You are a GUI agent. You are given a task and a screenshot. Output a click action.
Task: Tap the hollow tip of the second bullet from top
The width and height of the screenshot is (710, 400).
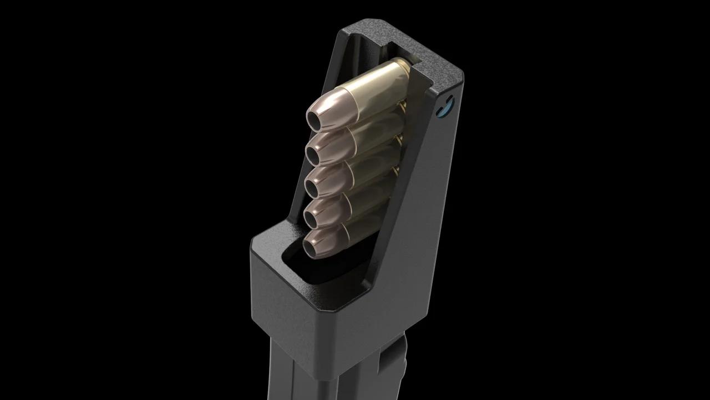tap(315, 150)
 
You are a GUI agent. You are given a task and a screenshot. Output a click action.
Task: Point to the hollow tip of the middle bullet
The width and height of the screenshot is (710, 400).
tap(315, 183)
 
